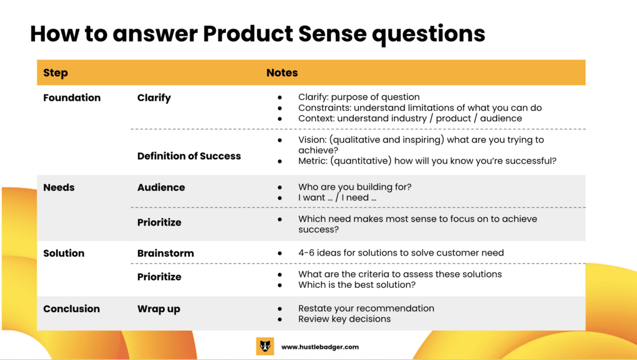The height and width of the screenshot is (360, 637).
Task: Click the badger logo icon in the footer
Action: point(265,346)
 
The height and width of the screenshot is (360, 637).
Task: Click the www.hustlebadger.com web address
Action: point(320,347)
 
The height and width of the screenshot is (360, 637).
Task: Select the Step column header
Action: point(55,73)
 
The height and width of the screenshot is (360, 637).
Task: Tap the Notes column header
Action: point(282,73)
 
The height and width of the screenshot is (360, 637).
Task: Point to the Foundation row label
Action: point(72,98)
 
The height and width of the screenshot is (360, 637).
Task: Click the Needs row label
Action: point(59,188)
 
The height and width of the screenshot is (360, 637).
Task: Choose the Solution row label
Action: point(64,253)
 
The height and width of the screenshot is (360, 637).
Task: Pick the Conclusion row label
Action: point(72,309)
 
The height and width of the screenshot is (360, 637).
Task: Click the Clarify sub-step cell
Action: point(154,98)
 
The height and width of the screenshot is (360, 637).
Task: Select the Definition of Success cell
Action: point(189,156)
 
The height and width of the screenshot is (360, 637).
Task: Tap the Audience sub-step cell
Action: point(161,188)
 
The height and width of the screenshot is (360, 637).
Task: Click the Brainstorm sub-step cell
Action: point(165,253)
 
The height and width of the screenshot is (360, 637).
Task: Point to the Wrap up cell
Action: point(159,309)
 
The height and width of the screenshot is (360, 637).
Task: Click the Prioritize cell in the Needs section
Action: point(159,223)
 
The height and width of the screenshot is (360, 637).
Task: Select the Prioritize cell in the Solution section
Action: point(159,277)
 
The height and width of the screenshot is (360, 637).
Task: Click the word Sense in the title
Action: point(332,34)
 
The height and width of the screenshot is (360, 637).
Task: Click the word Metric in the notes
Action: point(312,160)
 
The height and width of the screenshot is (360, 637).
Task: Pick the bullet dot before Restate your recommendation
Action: point(280,309)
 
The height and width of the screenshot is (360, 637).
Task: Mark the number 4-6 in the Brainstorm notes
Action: point(306,253)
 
